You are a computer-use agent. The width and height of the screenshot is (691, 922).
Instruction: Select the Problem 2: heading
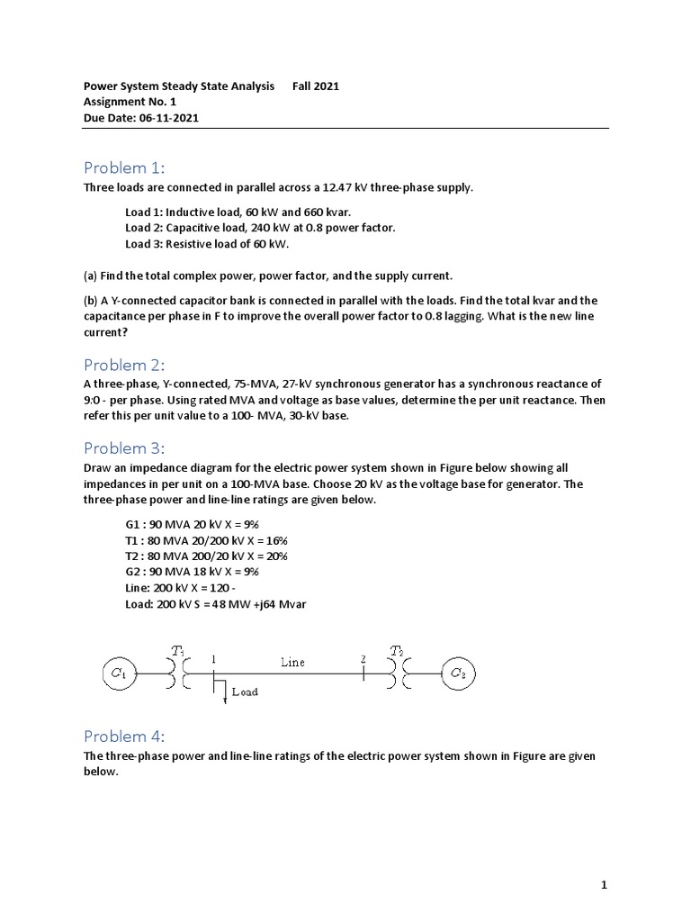[x=125, y=365]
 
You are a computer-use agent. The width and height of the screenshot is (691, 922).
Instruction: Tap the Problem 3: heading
[x=125, y=447]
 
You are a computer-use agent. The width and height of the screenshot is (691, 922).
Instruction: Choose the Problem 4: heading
[x=125, y=736]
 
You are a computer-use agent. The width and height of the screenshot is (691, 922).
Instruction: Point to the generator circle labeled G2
[x=457, y=673]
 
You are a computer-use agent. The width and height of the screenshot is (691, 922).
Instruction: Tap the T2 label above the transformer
[x=397, y=650]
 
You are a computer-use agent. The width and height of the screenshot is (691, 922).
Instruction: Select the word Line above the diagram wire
[x=292, y=662]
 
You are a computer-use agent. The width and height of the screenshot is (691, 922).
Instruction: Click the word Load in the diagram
[x=245, y=692]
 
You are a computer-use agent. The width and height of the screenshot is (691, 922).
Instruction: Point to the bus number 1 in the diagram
[x=214, y=658]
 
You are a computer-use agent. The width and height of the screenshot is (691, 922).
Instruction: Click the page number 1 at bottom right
[x=606, y=885]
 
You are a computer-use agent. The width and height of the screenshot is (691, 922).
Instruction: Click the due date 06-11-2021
[x=168, y=118]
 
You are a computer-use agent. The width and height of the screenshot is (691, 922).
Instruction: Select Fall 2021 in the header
[x=316, y=86]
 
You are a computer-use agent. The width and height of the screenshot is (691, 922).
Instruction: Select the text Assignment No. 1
[x=130, y=103]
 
